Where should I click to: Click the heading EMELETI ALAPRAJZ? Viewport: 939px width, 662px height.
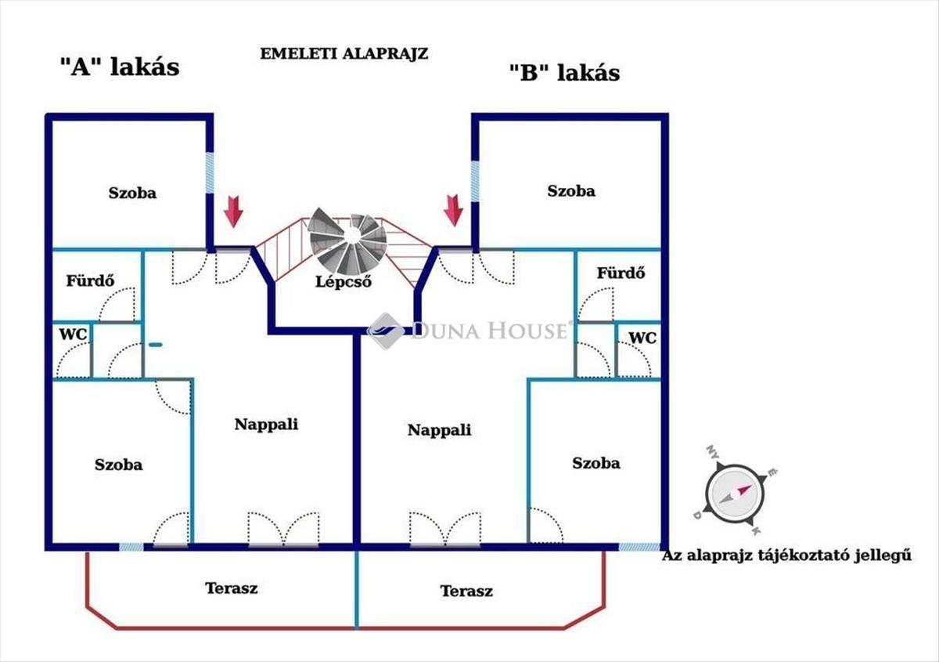[344, 54]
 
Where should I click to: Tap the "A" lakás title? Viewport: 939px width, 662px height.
[120, 67]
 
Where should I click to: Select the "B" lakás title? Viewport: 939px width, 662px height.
[564, 72]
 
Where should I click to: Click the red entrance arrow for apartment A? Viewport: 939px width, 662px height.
[233, 212]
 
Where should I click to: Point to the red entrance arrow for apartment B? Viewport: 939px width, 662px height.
[453, 210]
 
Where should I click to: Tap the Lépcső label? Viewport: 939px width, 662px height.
[344, 281]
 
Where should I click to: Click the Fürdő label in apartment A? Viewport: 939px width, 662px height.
[90, 280]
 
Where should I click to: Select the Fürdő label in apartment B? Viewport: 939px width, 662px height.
[621, 273]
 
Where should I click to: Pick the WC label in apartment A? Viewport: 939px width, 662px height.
[73, 335]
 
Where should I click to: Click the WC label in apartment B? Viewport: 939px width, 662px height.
[642, 338]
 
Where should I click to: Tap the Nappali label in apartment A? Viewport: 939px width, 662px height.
[266, 424]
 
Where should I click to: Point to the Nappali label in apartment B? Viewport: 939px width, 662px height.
[439, 429]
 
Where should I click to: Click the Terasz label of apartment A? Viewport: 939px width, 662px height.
[232, 588]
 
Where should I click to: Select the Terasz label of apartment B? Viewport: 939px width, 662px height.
[466, 591]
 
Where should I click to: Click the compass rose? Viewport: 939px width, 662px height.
[736, 493]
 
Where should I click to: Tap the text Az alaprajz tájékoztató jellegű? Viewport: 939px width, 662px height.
[786, 555]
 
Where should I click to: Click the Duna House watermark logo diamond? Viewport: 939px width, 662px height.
[385, 331]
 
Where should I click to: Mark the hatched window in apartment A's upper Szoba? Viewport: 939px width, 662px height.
[210, 172]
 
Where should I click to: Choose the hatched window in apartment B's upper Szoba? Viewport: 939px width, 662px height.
[475, 181]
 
